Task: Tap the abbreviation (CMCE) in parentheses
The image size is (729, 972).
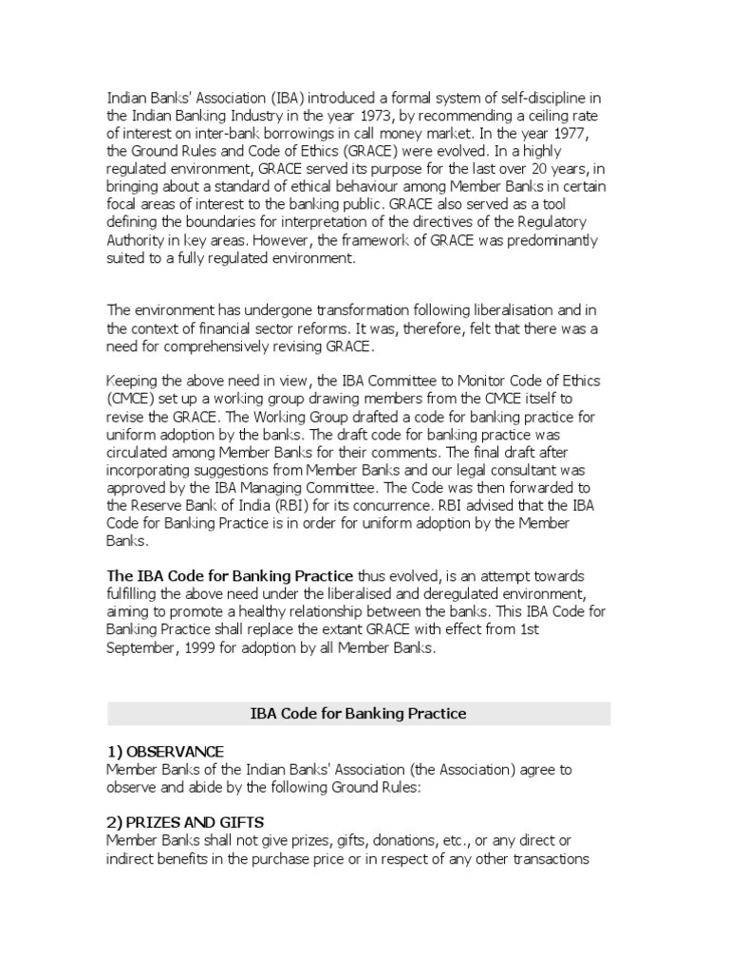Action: pos(134,399)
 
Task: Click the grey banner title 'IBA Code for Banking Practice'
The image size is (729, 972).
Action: pos(359,713)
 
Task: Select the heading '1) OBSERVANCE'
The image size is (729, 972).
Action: pos(166,751)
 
